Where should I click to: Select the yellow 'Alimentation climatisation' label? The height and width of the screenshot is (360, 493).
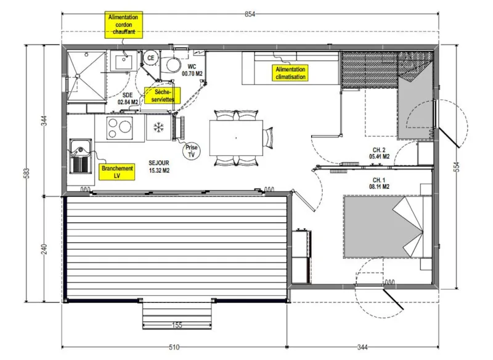pyautogui.click(x=291, y=73)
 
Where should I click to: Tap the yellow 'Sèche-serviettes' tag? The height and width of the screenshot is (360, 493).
pyautogui.click(x=160, y=95)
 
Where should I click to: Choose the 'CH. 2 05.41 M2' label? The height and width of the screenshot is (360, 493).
pyautogui.click(x=380, y=153)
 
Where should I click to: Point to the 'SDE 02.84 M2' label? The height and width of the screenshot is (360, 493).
pyautogui.click(x=128, y=99)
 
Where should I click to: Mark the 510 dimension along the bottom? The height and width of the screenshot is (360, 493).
pyautogui.click(x=176, y=347)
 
